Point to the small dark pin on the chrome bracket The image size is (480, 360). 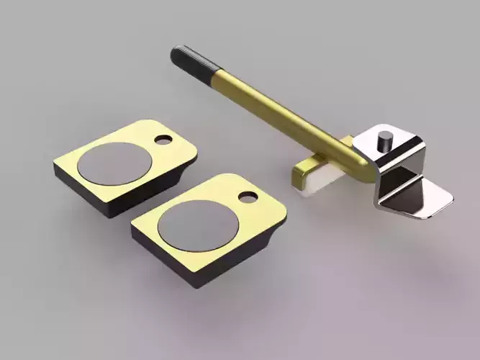click(x=386, y=140)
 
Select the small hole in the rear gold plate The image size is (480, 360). click(x=165, y=137)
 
